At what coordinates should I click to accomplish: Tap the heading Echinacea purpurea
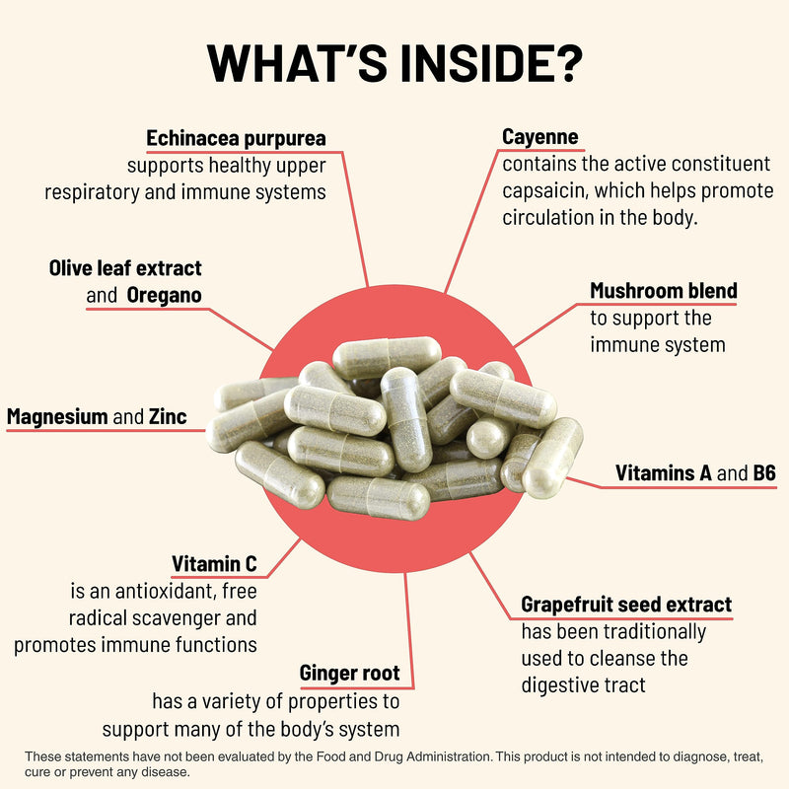[x=236, y=138]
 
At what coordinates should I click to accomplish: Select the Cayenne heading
[x=539, y=137]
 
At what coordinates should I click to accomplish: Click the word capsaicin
[x=545, y=191]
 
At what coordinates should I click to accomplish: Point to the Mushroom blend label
[x=664, y=291]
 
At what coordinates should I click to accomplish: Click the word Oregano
[x=164, y=295]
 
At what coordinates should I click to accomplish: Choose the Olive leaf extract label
[x=125, y=268]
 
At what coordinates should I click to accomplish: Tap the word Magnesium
[x=57, y=416]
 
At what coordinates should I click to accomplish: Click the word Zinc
[x=168, y=416]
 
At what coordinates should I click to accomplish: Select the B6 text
[x=764, y=473]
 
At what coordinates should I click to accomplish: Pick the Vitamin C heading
[x=214, y=564]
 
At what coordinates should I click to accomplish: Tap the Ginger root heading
[x=350, y=674]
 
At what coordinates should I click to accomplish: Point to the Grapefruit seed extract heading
[x=626, y=605]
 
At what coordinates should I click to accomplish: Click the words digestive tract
[x=583, y=685]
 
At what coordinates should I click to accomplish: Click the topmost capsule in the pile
[x=387, y=357]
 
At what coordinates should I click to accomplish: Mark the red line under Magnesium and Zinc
[x=106, y=431]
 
